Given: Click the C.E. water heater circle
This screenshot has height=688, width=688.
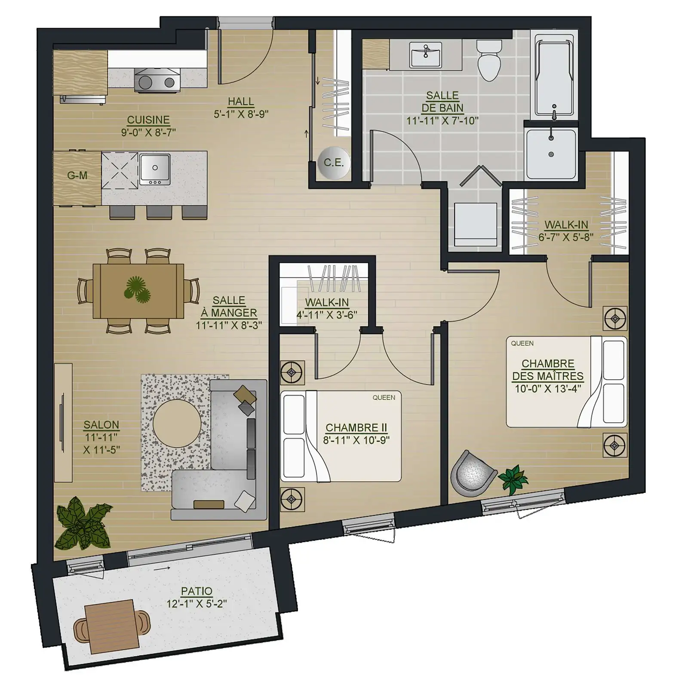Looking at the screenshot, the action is tap(334, 163).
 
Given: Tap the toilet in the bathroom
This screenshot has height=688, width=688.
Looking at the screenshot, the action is tap(489, 60).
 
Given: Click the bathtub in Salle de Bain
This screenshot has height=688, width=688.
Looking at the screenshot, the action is tap(554, 75).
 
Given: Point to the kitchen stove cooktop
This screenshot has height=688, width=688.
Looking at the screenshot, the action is tap(157, 80).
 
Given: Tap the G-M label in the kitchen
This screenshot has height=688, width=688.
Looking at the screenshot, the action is tap(77, 175).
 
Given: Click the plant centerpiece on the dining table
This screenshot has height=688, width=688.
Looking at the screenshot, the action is tap(137, 289).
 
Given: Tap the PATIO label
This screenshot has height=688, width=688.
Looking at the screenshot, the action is tap(197, 591).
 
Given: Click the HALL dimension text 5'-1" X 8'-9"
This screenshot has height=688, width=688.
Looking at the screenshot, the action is tap(241, 114).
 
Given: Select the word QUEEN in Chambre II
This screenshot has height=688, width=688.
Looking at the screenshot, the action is tap(384, 398).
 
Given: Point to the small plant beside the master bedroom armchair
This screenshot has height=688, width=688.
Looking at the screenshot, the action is tap(513, 478).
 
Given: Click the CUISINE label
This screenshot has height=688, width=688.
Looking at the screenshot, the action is tap(148, 120).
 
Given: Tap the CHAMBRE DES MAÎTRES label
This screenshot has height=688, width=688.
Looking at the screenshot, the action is tap(548, 370).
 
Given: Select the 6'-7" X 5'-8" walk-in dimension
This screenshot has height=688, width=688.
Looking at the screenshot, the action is tap(566, 237).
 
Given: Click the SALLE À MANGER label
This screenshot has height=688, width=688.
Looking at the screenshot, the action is tap(229, 307).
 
